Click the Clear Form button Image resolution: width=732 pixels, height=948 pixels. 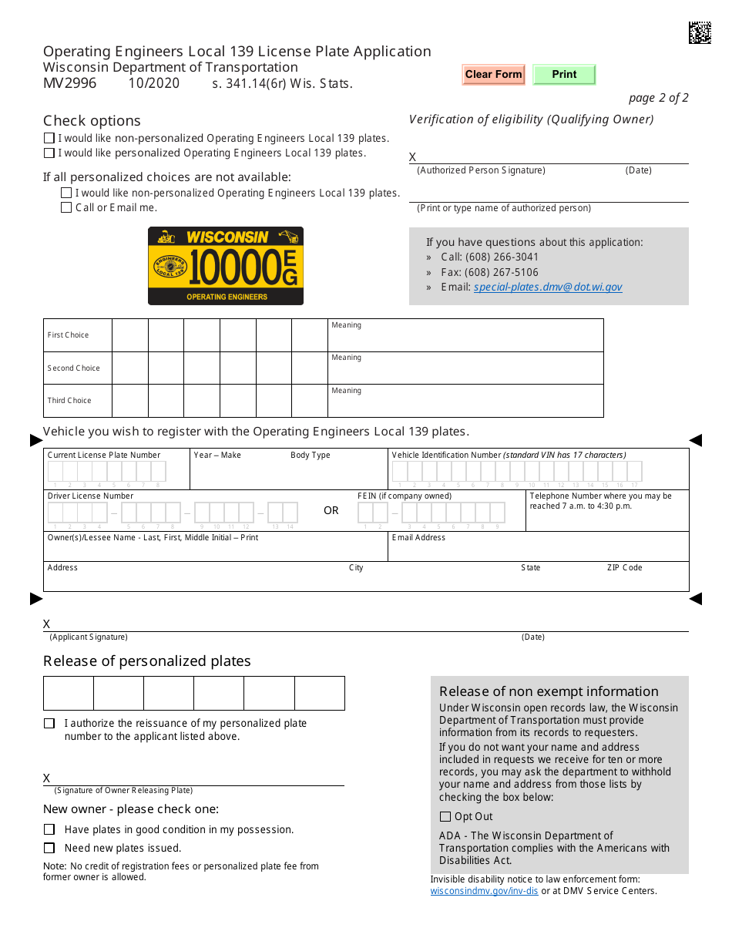point(493,75)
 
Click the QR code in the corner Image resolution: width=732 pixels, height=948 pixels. point(699,32)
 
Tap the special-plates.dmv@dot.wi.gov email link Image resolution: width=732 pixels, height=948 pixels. point(548,287)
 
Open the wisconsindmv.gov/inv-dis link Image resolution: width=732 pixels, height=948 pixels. point(484,891)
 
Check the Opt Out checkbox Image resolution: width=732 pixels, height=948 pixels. point(445,817)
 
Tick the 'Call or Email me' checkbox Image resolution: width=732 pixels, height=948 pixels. point(66,207)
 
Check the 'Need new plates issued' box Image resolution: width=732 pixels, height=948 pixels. point(49,848)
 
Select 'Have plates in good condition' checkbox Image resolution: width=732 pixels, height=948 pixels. point(49,829)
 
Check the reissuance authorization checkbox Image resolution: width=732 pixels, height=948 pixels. point(49,724)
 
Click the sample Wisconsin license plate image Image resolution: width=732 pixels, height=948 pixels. point(226,266)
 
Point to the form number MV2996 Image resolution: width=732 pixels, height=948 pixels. point(70,83)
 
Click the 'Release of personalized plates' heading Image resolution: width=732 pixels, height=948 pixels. point(147,661)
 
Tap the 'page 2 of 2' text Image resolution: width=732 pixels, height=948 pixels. point(658,98)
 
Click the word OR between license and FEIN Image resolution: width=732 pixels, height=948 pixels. point(331,511)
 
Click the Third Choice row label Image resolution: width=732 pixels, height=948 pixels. point(69,401)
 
